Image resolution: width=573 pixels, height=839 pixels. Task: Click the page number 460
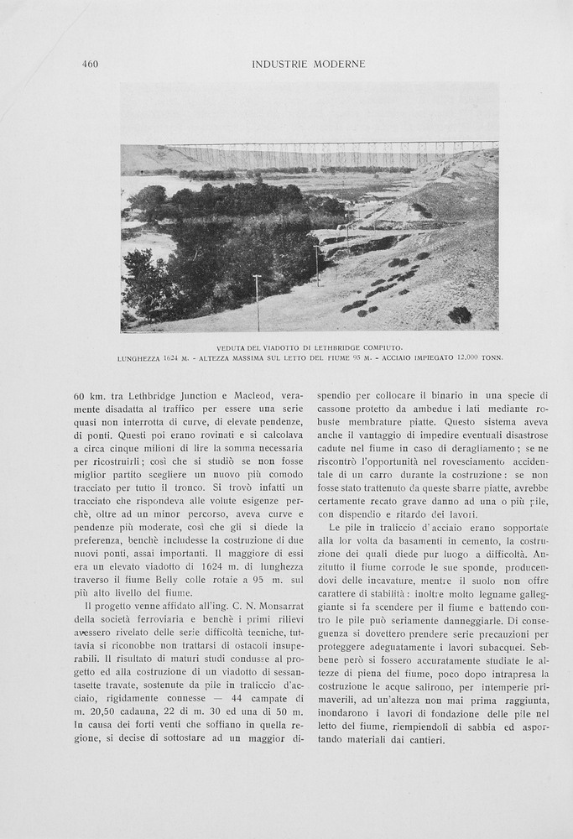tap(90, 65)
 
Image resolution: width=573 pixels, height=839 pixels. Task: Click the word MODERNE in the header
tap(339, 65)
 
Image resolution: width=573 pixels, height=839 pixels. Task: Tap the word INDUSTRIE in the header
tap(280, 65)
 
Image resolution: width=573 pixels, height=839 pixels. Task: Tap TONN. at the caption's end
tap(492, 358)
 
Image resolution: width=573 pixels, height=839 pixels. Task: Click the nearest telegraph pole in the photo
tap(257, 302)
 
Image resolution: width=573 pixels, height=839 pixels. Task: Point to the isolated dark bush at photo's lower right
tap(459, 315)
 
